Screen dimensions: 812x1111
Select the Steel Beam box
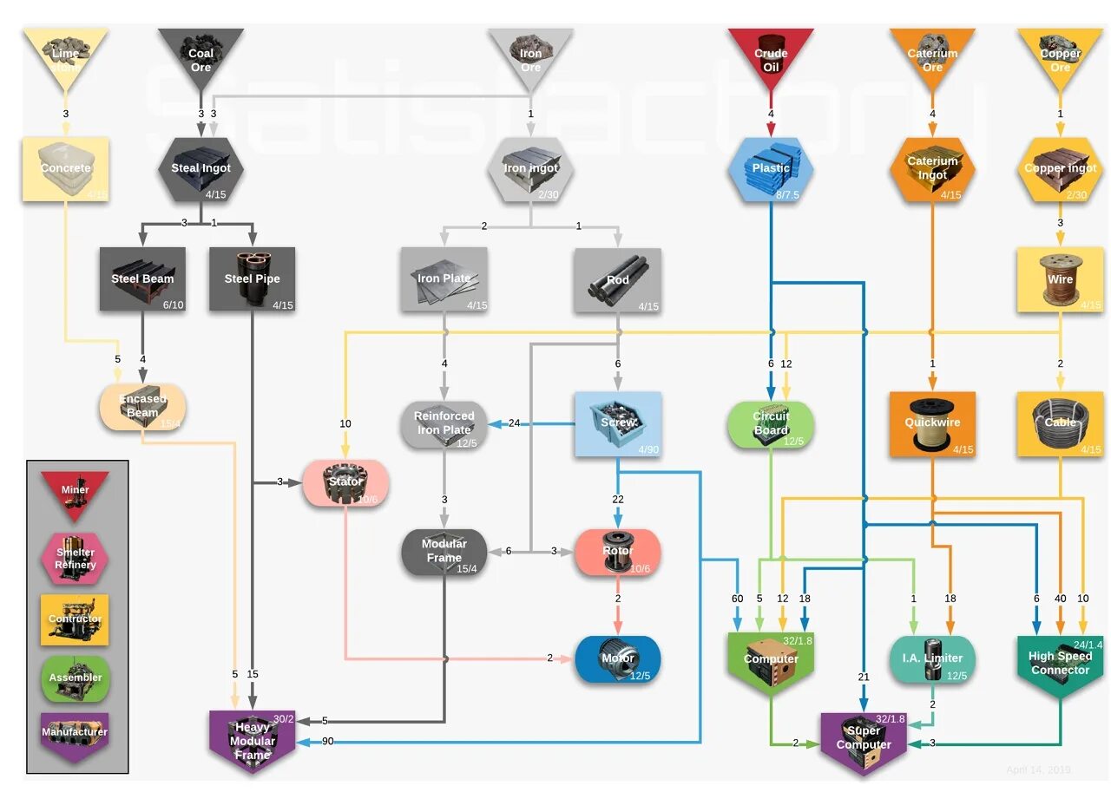pyautogui.click(x=142, y=278)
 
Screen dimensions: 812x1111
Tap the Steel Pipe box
pyautogui.click(x=252, y=278)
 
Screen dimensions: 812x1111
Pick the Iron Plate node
pyautogui.click(x=444, y=278)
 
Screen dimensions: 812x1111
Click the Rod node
pyautogui.click(x=617, y=279)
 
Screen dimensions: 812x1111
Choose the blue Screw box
pyautogui.click(x=617, y=423)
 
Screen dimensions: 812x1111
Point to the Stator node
pyautogui.click(x=345, y=482)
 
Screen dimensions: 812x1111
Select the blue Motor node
pyautogui.click(x=617, y=658)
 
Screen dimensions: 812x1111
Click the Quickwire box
pyautogui.click(x=932, y=423)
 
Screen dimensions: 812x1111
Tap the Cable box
pyautogui.click(x=1060, y=423)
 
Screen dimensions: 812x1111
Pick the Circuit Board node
pyautogui.click(x=771, y=423)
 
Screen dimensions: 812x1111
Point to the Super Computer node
pyautogui.click(x=864, y=739)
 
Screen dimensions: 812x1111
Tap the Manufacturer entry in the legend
pyautogui.click(x=75, y=734)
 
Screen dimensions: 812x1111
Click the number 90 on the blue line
pyautogui.click(x=327, y=742)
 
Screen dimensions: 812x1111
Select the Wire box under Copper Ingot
pyautogui.click(x=1060, y=279)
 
